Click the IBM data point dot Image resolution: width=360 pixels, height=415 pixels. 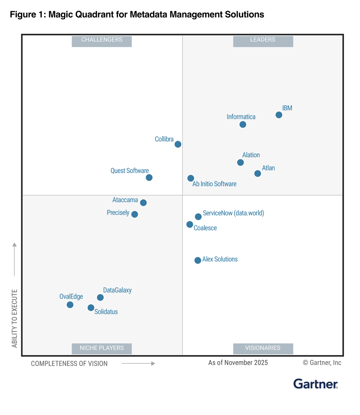click(x=279, y=115)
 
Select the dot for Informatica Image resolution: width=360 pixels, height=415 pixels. click(x=243, y=124)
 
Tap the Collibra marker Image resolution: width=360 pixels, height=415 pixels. click(x=178, y=144)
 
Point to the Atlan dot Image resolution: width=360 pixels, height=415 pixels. click(x=258, y=173)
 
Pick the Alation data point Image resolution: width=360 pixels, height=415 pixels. click(x=240, y=163)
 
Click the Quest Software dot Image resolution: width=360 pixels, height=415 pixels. click(x=149, y=178)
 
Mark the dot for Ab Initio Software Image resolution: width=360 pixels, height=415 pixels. click(x=191, y=178)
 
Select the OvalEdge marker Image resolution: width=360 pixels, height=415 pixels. click(x=70, y=305)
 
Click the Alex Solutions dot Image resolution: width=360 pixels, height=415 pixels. click(x=198, y=260)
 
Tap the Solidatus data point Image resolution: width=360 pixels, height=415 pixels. click(x=91, y=308)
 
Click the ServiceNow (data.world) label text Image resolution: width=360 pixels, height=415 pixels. click(x=233, y=213)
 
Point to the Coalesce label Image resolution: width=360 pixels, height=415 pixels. click(x=205, y=228)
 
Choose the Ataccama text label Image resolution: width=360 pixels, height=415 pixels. click(x=125, y=200)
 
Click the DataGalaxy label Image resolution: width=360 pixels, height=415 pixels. click(x=117, y=290)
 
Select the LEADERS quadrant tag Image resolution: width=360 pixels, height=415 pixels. click(x=263, y=40)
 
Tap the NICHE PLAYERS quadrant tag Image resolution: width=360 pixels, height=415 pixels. click(x=102, y=348)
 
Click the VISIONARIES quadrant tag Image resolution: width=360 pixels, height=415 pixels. click(x=263, y=348)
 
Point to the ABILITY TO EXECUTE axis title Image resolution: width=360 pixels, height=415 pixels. click(x=15, y=318)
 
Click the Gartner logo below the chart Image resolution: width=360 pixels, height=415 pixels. click(x=315, y=384)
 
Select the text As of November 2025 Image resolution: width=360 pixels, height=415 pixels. click(x=238, y=363)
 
